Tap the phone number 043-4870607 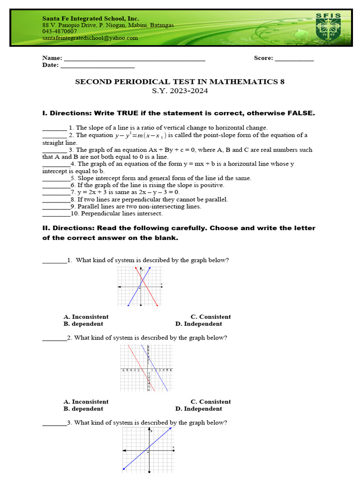click(60, 31)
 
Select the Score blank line click(294, 59)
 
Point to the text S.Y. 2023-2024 click(180, 91)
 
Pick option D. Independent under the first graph click(199, 324)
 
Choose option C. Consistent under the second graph click(210, 402)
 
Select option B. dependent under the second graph click(83, 409)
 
